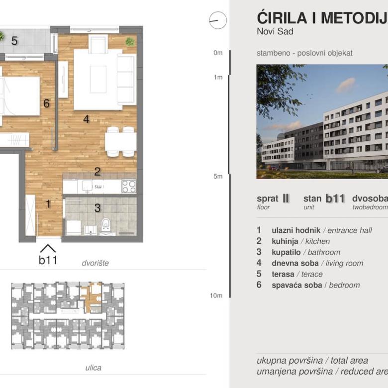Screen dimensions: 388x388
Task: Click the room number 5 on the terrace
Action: click(x=14, y=41)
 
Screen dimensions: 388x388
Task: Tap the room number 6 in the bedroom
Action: click(x=46, y=103)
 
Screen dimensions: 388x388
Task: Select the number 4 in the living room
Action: click(x=86, y=119)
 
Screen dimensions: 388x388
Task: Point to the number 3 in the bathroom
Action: click(x=97, y=208)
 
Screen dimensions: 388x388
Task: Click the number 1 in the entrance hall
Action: click(x=48, y=203)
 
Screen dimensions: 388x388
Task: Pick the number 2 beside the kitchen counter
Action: click(x=97, y=172)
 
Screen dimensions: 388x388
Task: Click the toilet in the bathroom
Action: click(x=105, y=225)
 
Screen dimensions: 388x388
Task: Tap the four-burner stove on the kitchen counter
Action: click(x=129, y=187)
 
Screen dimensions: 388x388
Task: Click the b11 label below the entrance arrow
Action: click(x=48, y=260)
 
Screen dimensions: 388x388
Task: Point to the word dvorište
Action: click(x=95, y=263)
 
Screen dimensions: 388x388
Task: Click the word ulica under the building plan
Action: click(x=93, y=368)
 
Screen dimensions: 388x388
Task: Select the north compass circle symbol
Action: click(x=218, y=20)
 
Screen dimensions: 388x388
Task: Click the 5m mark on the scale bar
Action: click(x=218, y=176)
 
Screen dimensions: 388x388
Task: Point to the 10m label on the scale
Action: click(x=216, y=295)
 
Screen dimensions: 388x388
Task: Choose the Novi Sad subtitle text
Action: click(x=275, y=31)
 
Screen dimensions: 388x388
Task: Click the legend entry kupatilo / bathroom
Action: click(x=305, y=252)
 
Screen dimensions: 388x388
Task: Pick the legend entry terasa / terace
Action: click(x=297, y=274)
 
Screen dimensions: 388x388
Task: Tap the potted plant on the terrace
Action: click(x=1, y=36)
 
